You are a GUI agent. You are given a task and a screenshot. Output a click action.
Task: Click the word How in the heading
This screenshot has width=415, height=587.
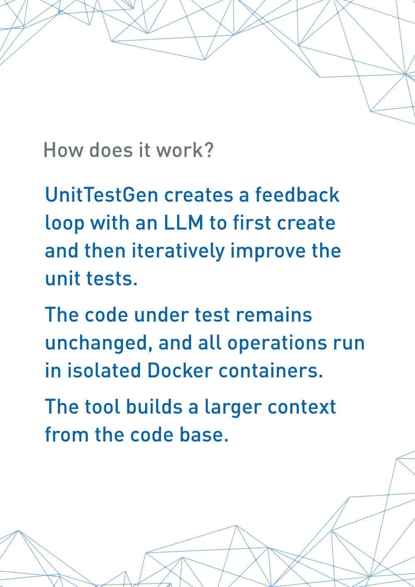click(x=63, y=150)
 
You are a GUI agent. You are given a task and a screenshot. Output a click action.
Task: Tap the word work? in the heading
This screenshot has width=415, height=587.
click(x=185, y=150)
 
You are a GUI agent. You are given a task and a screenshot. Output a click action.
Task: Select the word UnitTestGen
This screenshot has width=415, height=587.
click(x=102, y=195)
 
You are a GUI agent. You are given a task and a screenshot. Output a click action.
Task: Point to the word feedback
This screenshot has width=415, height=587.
click(x=297, y=195)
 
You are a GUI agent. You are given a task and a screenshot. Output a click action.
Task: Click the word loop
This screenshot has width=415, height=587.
click(x=65, y=224)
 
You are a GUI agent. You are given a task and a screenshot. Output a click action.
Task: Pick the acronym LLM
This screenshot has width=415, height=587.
click(x=183, y=223)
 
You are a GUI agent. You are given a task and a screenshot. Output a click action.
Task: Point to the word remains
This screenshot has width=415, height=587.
click(x=274, y=315)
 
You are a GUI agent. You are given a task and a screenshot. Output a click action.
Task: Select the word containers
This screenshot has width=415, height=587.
click(x=268, y=371)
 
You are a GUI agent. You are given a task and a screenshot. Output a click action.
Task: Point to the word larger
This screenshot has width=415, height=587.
click(x=233, y=408)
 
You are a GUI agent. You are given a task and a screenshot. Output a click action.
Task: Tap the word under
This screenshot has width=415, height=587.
click(x=162, y=315)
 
